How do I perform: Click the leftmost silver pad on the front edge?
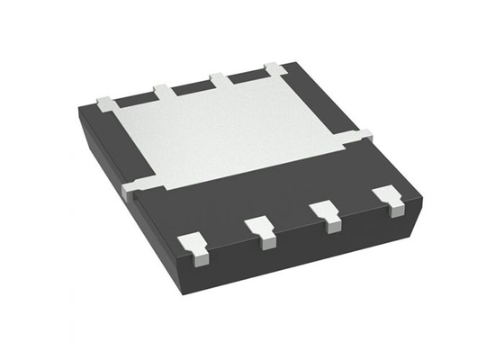click(x=193, y=244)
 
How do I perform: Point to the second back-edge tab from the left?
click(x=162, y=91)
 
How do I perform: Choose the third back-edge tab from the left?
click(x=219, y=79)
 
